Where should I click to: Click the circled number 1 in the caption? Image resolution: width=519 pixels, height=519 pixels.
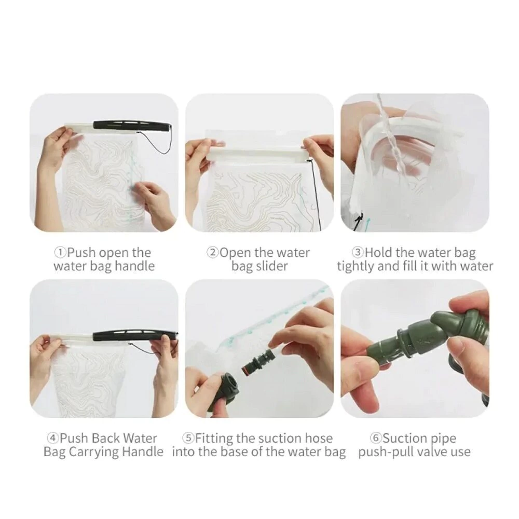pos(60,253)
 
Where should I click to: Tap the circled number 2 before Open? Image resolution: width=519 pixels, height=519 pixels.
pos(213,253)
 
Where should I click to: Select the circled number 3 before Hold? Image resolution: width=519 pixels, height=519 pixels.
pos(358,253)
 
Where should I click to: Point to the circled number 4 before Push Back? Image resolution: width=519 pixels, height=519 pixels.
pos(52,439)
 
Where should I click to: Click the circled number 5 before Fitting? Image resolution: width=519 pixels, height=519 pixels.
pos(188,439)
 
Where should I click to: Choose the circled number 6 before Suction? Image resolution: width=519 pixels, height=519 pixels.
pos(376,439)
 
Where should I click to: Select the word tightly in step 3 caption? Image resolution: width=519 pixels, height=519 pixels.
pos(355,267)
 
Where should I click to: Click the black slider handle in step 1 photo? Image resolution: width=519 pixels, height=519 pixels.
pos(132,125)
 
